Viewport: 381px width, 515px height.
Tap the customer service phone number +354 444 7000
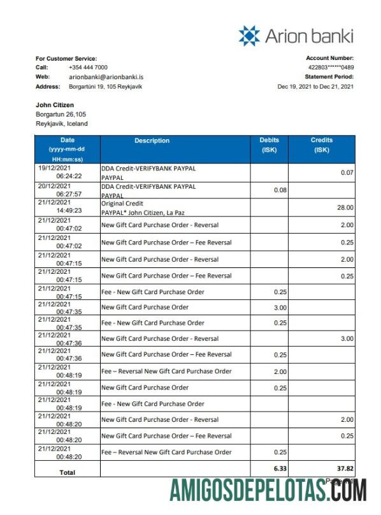[x=88, y=67]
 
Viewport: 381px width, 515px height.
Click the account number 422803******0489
[x=331, y=67]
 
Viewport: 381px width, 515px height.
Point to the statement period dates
[x=315, y=87]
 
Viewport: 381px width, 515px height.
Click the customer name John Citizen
[x=55, y=105]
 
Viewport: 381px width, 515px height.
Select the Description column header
[x=152, y=141]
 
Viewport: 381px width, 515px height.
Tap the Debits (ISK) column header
[x=269, y=145]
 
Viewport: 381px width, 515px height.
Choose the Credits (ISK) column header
[x=322, y=145]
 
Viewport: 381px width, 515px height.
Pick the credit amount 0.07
[x=347, y=173]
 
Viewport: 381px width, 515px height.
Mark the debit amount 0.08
[x=280, y=190]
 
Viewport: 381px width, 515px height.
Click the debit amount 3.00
[x=280, y=307]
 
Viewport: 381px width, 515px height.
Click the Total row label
[x=67, y=472]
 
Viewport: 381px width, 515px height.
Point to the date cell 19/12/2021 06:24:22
[x=67, y=171]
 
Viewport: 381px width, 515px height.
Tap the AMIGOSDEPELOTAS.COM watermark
[x=268, y=491]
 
